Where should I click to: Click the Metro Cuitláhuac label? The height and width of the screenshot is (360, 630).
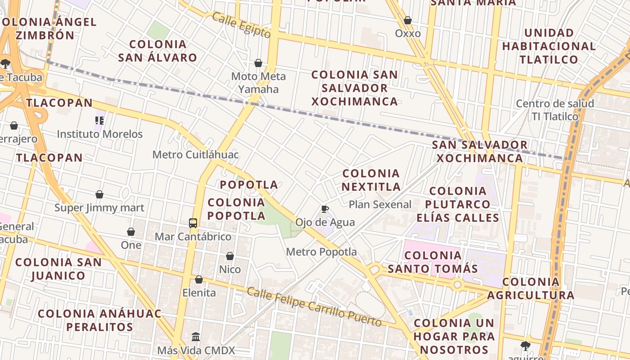click(x=195, y=155)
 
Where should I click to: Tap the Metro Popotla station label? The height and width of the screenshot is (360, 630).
click(x=321, y=252)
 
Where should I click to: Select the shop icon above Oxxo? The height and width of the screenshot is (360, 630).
click(x=408, y=20)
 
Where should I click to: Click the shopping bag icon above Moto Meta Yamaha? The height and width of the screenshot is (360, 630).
click(x=258, y=63)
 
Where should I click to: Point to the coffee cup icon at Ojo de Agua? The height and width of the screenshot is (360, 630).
click(x=325, y=209)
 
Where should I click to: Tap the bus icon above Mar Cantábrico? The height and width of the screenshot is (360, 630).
click(x=193, y=223)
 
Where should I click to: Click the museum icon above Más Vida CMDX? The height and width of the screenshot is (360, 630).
click(x=196, y=337)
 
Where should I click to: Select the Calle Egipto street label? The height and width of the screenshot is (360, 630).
click(x=241, y=25)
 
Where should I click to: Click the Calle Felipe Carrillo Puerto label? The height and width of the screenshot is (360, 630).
click(x=314, y=307)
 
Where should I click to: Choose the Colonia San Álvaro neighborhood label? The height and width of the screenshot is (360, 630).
click(x=157, y=51)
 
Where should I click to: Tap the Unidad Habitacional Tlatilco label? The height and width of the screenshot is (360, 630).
click(x=549, y=46)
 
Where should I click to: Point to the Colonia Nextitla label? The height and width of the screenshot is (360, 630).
click(x=371, y=180)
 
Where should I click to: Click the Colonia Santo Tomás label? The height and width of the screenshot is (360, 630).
click(x=432, y=262)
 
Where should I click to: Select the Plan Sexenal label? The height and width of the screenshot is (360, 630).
click(x=380, y=205)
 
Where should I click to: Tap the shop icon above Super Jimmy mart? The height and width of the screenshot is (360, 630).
click(x=99, y=194)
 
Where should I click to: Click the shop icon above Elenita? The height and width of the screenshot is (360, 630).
click(x=199, y=279)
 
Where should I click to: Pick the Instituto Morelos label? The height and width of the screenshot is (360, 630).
click(x=99, y=134)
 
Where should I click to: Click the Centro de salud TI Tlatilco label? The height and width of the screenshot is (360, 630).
click(x=555, y=110)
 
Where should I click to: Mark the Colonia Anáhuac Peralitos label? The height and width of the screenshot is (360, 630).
click(x=99, y=320)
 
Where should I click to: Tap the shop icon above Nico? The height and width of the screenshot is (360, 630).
click(x=230, y=256)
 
